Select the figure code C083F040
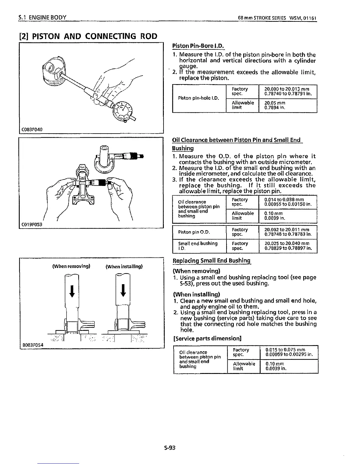[31, 129]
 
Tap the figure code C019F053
[32, 224]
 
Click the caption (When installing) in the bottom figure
[124, 267]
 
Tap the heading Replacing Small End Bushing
[211, 261]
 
